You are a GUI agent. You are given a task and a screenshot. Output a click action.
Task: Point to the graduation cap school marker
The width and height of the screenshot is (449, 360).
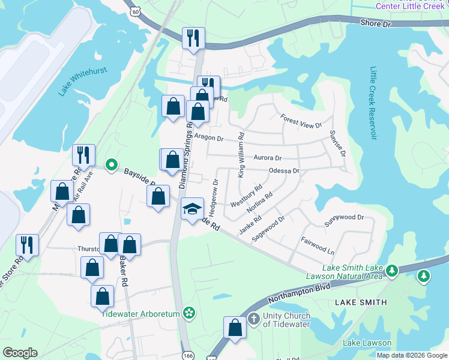(192, 209)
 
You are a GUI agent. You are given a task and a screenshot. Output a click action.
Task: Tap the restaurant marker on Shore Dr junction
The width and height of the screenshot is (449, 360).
(193, 38)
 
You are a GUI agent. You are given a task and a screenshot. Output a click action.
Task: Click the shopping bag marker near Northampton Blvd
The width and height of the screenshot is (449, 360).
(235, 328)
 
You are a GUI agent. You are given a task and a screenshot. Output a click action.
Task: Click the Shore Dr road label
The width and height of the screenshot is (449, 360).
(376, 23)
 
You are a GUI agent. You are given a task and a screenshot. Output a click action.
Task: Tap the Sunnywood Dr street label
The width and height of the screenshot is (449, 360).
(345, 217)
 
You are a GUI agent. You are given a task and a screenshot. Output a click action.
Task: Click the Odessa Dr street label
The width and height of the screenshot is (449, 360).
(283, 171)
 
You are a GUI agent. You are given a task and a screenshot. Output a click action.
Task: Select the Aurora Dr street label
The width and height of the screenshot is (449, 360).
(268, 158)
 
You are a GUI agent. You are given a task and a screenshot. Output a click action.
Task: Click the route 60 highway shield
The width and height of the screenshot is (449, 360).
(136, 10)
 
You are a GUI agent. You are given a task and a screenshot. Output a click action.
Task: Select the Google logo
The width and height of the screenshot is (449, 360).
(20, 353)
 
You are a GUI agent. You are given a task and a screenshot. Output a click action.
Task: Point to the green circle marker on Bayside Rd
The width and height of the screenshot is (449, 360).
(111, 164)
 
